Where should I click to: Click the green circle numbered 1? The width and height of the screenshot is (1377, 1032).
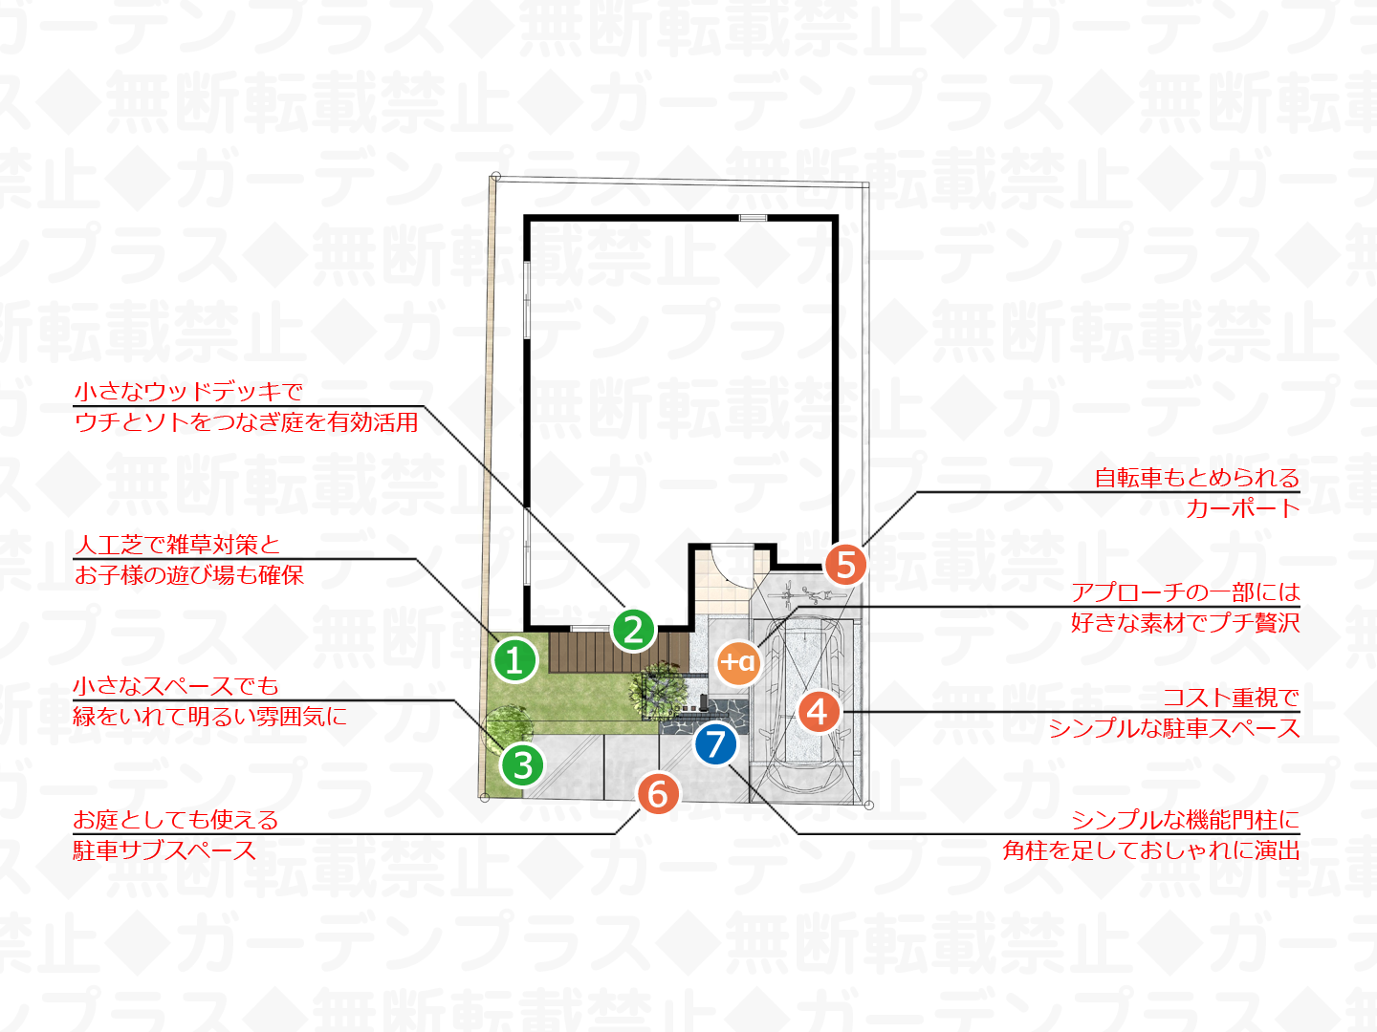point(514,660)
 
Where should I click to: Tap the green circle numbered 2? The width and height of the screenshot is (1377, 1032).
point(633,630)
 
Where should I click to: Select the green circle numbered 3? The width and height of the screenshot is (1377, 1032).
point(522,765)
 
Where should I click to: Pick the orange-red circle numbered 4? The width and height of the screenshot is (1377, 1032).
point(819,711)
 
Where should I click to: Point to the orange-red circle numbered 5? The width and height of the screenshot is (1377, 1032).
point(845,565)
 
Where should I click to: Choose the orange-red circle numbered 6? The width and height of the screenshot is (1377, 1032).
point(658,794)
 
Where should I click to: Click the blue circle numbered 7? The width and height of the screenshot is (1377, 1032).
point(715,744)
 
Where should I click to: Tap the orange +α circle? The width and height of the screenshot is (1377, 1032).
point(738,661)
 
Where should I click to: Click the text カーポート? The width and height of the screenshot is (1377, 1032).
point(1242,508)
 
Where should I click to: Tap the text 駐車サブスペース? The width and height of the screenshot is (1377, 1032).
point(164,850)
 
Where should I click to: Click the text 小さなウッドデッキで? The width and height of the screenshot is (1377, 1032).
point(188,392)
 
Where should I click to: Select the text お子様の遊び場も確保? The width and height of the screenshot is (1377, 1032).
point(188,574)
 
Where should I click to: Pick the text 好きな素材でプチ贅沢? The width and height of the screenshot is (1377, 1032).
point(1185,623)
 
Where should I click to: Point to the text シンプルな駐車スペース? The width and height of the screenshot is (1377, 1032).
point(1173,728)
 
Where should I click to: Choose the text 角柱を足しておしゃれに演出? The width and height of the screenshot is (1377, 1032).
point(1151,850)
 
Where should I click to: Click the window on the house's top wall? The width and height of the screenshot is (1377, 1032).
point(753,218)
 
